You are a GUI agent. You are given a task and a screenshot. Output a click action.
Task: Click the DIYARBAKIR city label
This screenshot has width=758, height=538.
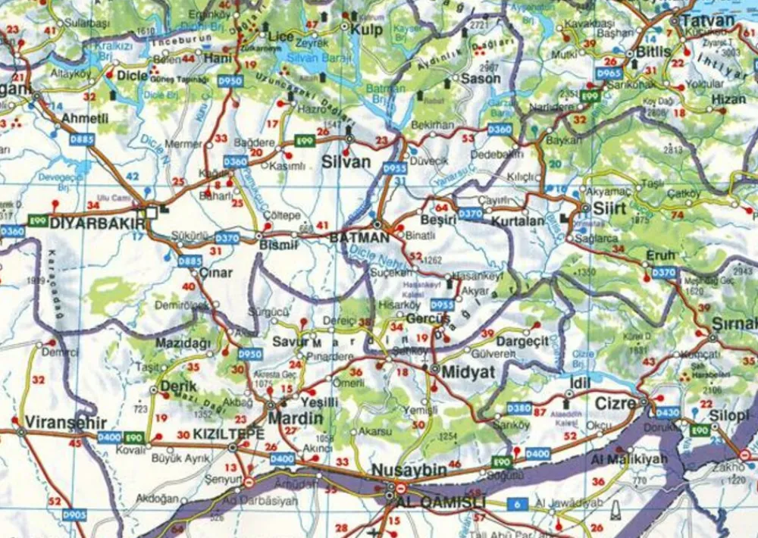tap(97, 224)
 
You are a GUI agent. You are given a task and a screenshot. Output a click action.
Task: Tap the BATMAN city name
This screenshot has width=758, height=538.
tap(359, 237)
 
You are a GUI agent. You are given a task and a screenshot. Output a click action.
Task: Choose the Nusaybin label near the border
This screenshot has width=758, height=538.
tap(409, 470)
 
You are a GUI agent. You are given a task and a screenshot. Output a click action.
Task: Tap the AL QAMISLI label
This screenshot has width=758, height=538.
tap(430, 502)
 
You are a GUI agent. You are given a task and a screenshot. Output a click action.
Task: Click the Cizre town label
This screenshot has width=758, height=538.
tap(615, 404)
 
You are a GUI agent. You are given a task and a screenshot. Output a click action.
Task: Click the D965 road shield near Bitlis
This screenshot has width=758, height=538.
tap(608, 74)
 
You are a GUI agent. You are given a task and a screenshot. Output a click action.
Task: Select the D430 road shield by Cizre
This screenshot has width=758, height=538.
tap(668, 413)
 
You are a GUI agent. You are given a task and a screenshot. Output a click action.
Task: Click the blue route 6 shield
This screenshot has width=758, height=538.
tap(517, 504)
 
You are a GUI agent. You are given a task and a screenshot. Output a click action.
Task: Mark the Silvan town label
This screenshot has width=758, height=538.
tap(346, 161)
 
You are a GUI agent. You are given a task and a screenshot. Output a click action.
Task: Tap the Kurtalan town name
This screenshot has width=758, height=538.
tap(518, 221)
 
